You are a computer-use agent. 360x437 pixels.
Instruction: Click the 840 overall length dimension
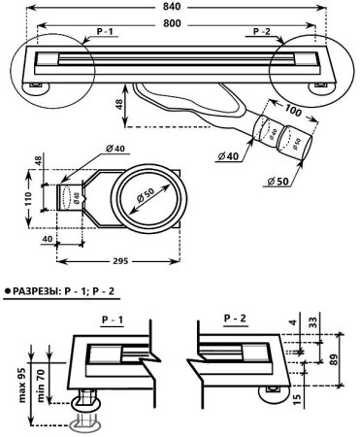[x=172, y=7]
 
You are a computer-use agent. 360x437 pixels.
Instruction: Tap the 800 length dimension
[x=172, y=23]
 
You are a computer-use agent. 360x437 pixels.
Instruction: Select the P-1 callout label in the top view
[x=105, y=32]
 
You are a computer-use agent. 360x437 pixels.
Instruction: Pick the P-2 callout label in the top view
[x=262, y=31]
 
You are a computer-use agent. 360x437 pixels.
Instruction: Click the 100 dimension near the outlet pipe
[x=293, y=111]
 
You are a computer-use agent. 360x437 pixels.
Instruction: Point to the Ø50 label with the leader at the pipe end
[x=278, y=182]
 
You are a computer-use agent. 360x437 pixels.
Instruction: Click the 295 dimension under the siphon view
[x=121, y=261]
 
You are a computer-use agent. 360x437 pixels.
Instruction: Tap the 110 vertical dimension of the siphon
[x=29, y=199]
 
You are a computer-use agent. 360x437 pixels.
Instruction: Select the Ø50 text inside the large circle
[x=145, y=196]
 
